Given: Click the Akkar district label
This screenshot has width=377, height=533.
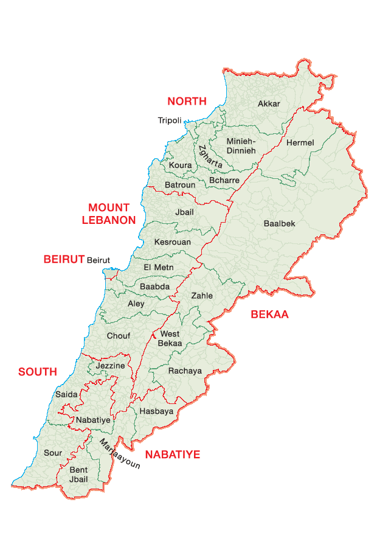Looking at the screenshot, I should click(x=269, y=104).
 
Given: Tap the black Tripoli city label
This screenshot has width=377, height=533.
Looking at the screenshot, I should click(x=170, y=120).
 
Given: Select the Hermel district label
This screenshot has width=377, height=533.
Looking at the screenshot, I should click(x=300, y=143).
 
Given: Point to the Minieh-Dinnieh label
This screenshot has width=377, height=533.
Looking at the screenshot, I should click(x=241, y=146).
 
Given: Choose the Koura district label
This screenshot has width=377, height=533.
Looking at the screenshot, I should click(x=180, y=165).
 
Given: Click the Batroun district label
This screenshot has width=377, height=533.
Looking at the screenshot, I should click(x=180, y=185).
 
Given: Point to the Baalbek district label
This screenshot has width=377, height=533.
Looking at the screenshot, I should click(x=279, y=223).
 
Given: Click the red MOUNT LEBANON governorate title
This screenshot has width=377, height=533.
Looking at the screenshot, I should click(x=108, y=214).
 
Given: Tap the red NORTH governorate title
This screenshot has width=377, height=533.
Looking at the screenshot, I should click(x=187, y=102).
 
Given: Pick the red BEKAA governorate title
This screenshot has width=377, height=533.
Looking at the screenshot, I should click(x=269, y=315).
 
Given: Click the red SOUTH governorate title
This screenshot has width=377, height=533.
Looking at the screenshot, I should click(x=38, y=372).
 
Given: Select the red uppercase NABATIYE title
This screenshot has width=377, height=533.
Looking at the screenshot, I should click(x=172, y=455).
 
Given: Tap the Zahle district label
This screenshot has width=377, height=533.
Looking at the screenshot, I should click(x=202, y=296).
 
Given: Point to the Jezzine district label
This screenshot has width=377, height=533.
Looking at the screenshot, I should click(x=110, y=366).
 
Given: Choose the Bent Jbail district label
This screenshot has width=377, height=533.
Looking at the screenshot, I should click(x=78, y=475).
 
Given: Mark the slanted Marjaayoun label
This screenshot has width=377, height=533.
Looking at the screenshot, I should click(x=120, y=454).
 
